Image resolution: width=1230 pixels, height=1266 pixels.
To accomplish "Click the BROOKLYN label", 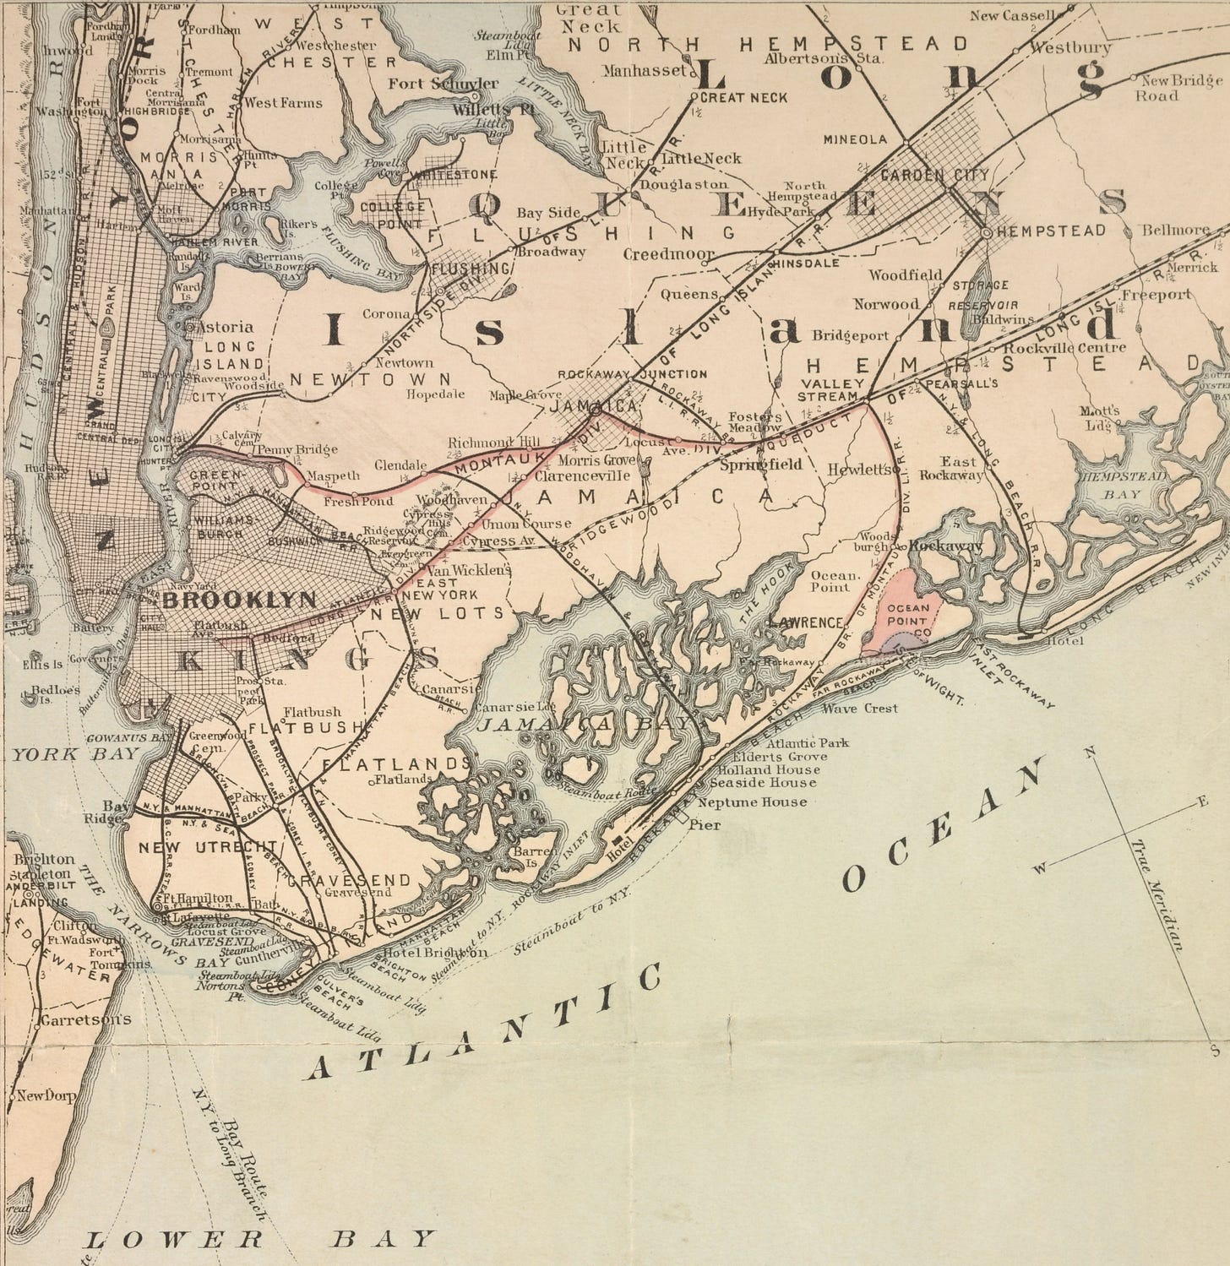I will point(240,600).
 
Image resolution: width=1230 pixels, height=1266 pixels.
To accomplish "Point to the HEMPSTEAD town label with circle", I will point(1051,231).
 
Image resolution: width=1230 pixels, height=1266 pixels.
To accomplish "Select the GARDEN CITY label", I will point(934,175).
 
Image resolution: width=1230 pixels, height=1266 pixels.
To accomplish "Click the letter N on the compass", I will point(1091,752).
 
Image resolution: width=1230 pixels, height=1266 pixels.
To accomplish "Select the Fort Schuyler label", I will point(443,84).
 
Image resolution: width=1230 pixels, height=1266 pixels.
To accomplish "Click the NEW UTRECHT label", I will point(208,847).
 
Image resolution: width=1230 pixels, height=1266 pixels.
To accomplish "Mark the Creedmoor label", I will point(668,253).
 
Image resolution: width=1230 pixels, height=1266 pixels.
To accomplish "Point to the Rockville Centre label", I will point(1064,347).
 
